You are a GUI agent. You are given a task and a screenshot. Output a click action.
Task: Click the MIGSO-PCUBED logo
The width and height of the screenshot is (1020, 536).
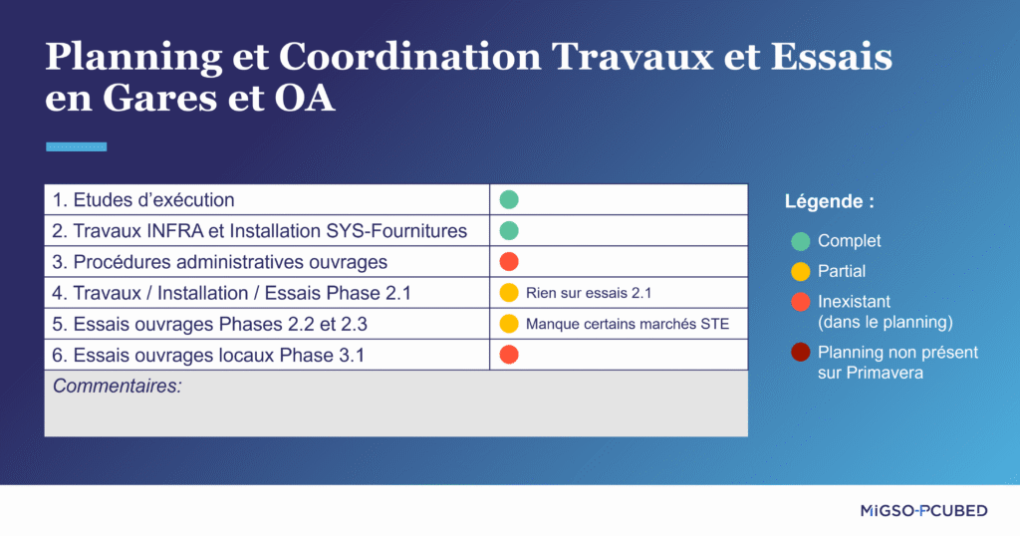click(923, 511)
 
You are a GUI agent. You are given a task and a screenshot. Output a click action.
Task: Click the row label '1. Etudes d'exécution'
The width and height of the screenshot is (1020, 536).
click(143, 200)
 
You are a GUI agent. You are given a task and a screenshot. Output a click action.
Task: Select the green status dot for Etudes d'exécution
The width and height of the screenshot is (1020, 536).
click(509, 199)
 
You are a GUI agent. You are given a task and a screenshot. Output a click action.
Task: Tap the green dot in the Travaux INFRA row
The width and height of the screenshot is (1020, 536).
click(509, 231)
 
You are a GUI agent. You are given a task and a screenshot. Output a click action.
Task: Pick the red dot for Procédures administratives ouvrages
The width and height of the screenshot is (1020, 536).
click(509, 262)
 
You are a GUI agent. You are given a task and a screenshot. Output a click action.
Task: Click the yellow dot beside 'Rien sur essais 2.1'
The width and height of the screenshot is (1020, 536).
click(509, 293)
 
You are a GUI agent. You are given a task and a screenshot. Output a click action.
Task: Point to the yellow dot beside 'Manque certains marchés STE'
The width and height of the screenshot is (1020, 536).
click(509, 324)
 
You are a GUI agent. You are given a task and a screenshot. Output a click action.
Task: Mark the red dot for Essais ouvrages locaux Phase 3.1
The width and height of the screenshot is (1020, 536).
click(509, 355)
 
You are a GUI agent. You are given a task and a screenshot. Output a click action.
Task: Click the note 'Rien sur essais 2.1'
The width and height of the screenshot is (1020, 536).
click(589, 293)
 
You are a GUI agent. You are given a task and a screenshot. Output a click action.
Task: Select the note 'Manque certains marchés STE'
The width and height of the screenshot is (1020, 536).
click(628, 324)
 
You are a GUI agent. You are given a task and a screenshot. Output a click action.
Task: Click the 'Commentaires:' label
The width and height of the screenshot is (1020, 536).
click(118, 386)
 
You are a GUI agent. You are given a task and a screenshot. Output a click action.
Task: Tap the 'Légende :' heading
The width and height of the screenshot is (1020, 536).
click(830, 201)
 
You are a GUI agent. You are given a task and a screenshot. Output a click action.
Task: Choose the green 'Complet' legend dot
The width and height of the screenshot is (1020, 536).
click(800, 241)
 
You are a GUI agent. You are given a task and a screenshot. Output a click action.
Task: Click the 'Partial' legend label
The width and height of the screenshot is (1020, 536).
click(842, 271)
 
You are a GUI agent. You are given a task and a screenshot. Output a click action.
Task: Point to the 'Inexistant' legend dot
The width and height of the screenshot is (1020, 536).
click(800, 301)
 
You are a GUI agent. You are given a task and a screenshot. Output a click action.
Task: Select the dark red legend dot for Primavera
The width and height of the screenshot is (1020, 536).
click(800, 353)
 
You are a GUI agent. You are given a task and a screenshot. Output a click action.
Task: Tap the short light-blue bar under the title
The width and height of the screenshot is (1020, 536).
click(76, 146)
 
